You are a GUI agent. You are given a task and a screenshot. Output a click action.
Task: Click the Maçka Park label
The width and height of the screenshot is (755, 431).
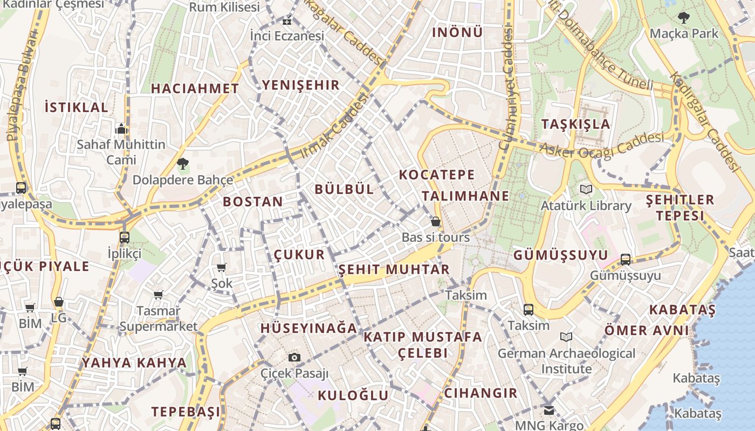pos(684,33)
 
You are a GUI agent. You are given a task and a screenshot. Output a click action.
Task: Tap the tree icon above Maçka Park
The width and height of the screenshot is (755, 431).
pos(684,18)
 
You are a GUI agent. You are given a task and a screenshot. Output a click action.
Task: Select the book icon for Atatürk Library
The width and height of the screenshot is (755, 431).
pos(586,189)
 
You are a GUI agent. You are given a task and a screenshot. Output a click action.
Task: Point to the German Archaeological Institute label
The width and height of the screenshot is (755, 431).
pos(566,361)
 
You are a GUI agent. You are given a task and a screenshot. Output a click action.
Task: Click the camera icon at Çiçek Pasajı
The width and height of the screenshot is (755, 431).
pos(294,357)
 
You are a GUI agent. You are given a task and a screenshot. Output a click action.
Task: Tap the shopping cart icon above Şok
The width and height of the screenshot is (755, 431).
pos(221,267)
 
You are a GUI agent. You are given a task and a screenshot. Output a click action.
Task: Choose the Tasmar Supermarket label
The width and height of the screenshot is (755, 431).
pos(159,318)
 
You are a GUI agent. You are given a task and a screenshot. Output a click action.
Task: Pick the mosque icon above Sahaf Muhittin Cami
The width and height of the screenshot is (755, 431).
pos(121,129)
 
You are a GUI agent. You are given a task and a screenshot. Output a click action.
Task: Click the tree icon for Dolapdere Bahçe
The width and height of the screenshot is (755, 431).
pos(183,163)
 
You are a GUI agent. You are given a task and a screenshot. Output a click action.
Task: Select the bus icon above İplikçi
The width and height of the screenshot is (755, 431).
pos(125,237)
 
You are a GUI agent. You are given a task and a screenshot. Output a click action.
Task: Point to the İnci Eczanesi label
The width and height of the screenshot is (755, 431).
pos(287,36)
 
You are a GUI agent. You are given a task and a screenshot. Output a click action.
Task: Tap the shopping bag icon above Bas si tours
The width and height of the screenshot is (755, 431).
pos(435,221)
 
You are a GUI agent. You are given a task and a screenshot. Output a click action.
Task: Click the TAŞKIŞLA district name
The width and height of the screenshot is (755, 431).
pos(576,124)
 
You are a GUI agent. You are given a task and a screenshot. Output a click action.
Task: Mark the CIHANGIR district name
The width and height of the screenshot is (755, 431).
pos(481,393)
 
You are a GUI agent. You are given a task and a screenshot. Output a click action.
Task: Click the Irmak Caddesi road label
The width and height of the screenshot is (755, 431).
pos(333,126)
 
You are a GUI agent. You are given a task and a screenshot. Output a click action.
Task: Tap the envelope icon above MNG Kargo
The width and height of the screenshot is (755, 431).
pos(549,411)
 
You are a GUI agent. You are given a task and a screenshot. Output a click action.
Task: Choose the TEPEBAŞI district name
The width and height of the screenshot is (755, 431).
pos(186,412)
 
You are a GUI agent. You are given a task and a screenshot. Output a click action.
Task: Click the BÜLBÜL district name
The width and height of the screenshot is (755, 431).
pos(344,189)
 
